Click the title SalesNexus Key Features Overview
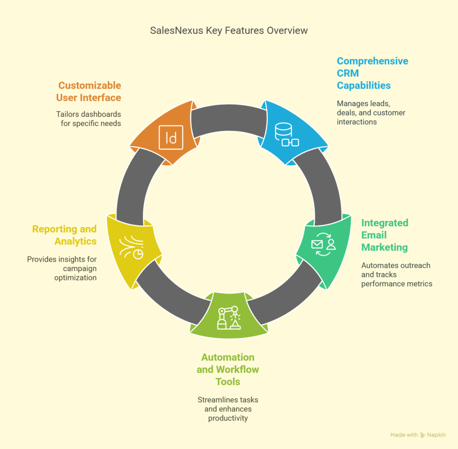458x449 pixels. point(229,31)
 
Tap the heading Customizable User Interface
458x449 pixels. point(89,91)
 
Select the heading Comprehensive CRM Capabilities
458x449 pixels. point(373,73)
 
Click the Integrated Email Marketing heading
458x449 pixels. point(385,235)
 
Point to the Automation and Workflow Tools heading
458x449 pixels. point(228,369)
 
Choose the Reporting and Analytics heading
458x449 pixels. point(64,235)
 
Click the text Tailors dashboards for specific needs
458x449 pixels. point(89,119)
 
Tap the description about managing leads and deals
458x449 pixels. point(371,113)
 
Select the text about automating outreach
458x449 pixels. point(397,275)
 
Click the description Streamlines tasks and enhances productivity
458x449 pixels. point(228,409)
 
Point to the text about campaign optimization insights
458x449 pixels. point(62,268)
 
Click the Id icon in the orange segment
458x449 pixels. point(171,137)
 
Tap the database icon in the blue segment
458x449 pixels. point(287,134)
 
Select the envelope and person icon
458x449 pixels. point(323,244)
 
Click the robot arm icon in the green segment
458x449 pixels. point(229,318)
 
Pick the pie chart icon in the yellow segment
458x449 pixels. point(131,247)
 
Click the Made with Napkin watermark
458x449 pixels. point(418,435)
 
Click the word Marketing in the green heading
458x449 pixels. point(384,247)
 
